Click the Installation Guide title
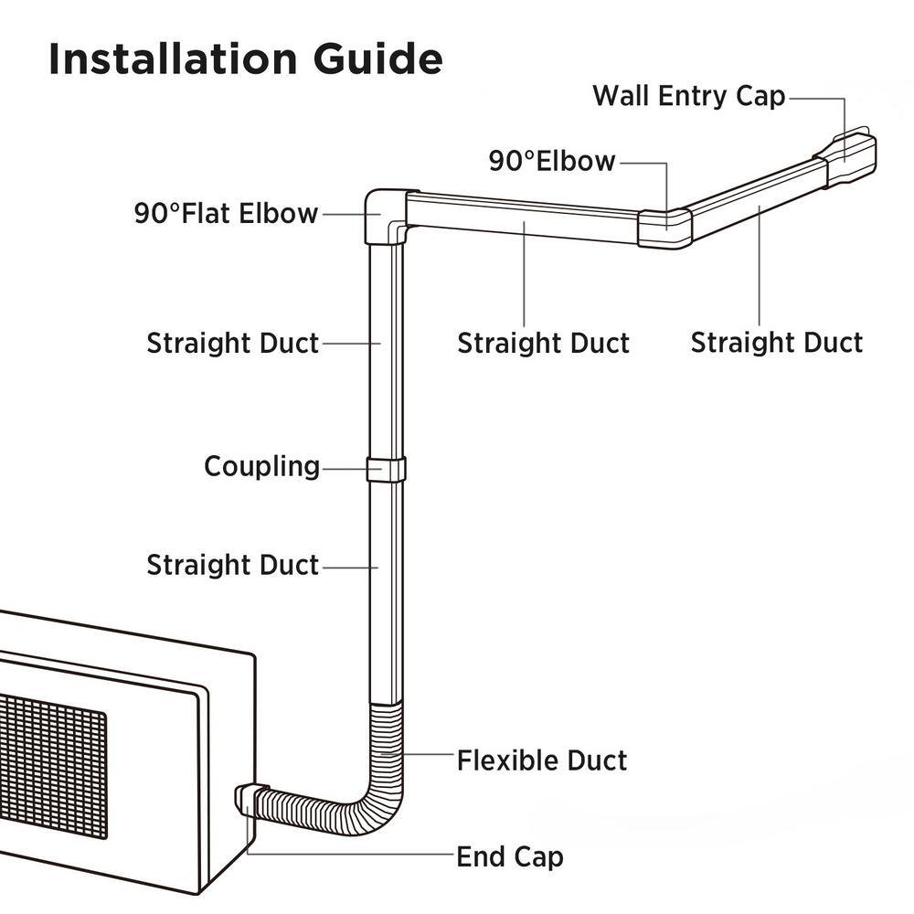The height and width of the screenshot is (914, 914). click(245, 59)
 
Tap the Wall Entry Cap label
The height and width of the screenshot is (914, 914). click(688, 96)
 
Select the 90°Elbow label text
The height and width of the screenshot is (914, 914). click(552, 162)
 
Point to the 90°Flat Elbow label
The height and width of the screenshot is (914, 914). click(226, 214)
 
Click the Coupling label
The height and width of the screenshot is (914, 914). click(261, 466)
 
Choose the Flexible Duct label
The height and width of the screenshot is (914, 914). click(542, 760)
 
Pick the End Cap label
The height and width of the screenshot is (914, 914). click(510, 857)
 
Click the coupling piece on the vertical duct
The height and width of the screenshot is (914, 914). click(386, 469)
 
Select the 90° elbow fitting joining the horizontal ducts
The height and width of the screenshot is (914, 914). click(664, 228)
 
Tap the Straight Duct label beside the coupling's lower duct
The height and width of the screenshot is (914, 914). click(233, 565)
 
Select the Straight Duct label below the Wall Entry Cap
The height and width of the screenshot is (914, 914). click(776, 343)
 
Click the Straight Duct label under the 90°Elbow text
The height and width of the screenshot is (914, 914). click(543, 344)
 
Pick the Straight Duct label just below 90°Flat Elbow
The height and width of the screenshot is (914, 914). click(233, 344)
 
